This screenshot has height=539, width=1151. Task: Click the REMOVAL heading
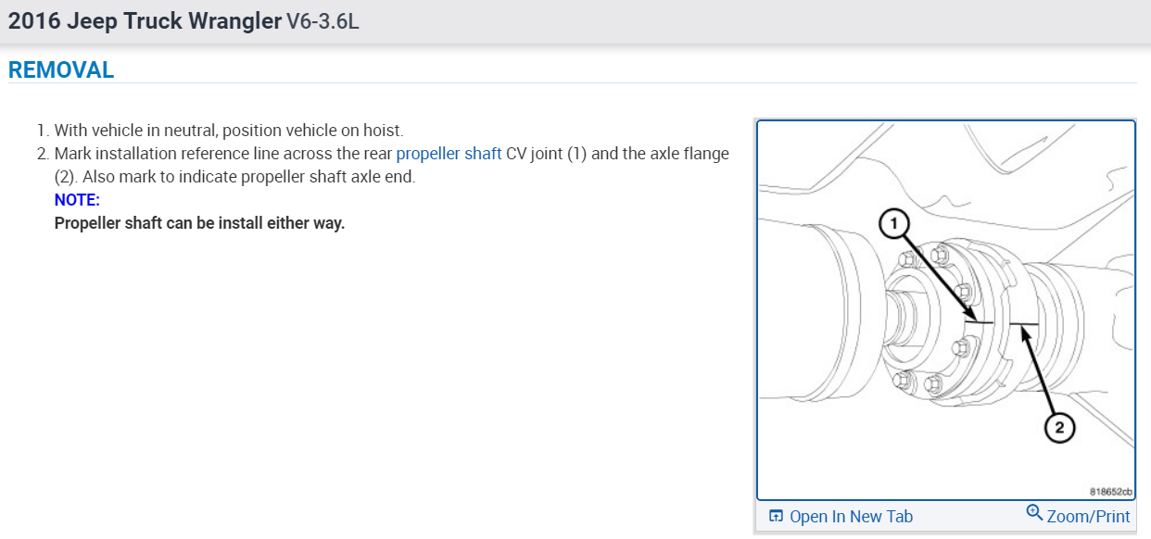(61, 69)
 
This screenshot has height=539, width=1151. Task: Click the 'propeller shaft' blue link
(449, 154)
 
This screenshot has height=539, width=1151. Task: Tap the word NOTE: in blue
(77, 200)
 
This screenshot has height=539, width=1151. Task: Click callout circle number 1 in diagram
(892, 223)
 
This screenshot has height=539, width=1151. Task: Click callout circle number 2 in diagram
(1058, 427)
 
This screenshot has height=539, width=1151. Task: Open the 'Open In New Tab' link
(851, 517)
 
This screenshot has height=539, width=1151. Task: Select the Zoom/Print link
(1088, 516)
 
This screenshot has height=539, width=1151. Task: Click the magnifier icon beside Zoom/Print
(1034, 512)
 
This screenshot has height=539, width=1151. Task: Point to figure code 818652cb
(1111, 492)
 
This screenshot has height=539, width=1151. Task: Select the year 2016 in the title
(35, 21)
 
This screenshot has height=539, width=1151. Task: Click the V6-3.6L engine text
(323, 21)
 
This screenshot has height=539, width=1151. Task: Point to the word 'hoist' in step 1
(381, 131)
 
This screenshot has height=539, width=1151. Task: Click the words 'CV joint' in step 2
(535, 154)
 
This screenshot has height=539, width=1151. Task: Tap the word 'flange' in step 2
(704, 154)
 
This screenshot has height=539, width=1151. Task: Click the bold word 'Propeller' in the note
(91, 223)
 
